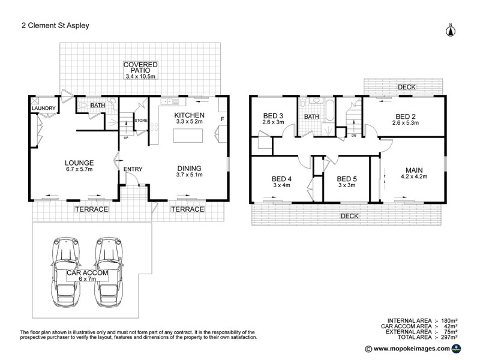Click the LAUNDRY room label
pyautogui.click(x=43, y=109)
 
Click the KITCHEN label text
pyautogui.click(x=190, y=115)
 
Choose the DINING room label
pyautogui.click(x=189, y=168)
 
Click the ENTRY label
pyautogui.click(x=133, y=169)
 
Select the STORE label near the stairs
pyautogui.click(x=141, y=121)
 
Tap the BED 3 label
pyautogui.click(x=273, y=116)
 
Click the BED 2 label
pyautogui.click(x=406, y=116)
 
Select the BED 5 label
pyautogui.click(x=347, y=179)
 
